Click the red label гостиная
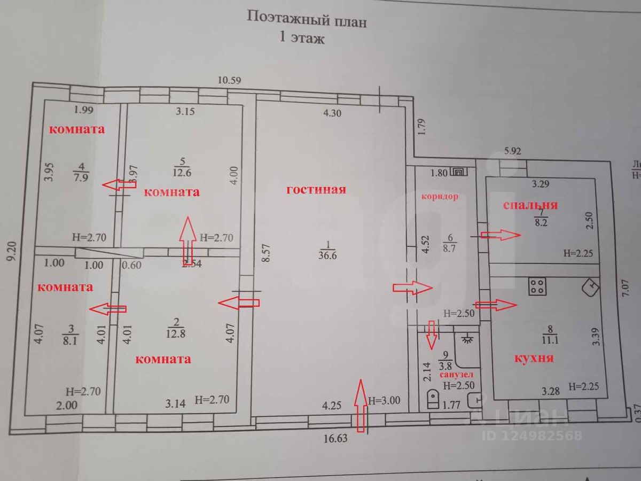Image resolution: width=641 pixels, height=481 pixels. pyautogui.click(x=316, y=189)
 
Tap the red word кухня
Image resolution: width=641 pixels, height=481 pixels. pyautogui.click(x=534, y=358)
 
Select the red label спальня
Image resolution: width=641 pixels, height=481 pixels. pyautogui.click(x=531, y=205)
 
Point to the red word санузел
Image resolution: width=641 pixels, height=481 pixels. pyautogui.click(x=456, y=376)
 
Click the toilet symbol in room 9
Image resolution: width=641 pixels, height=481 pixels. pyautogui.click(x=433, y=398)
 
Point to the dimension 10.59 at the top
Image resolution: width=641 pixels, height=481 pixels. pyautogui.click(x=230, y=81)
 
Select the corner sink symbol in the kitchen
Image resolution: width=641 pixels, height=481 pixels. pyautogui.click(x=591, y=288)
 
